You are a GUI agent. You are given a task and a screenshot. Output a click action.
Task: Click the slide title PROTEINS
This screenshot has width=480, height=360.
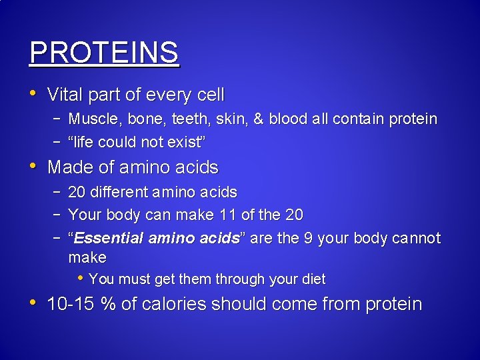click(105, 53)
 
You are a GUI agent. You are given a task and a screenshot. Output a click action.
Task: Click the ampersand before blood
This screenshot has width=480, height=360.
click(257, 119)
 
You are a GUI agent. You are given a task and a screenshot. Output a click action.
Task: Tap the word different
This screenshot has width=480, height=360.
click(120, 193)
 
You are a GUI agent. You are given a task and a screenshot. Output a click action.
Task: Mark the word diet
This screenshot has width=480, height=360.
click(312, 279)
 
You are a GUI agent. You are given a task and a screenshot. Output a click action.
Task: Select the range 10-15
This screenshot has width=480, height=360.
click(71, 305)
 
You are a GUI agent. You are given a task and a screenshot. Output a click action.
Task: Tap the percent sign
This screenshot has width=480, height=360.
click(108, 305)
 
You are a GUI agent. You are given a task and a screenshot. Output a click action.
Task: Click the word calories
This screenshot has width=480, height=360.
click(173, 305)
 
